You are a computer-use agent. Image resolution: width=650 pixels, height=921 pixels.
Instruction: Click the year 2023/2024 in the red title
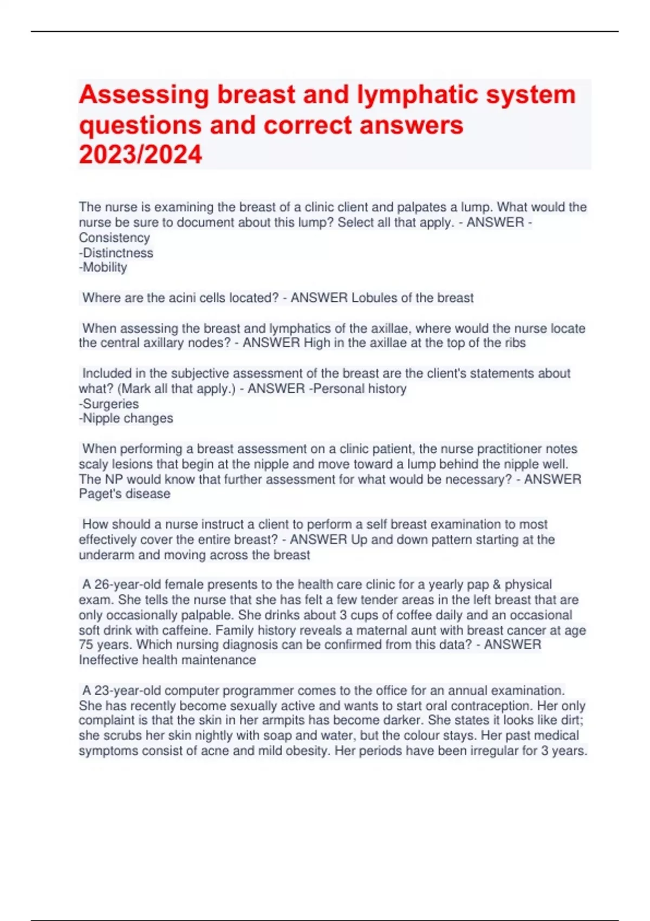tap(140, 154)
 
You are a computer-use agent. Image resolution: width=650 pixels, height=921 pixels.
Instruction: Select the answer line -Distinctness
tap(116, 253)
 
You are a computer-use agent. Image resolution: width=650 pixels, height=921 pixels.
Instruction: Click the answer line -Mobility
tap(103, 268)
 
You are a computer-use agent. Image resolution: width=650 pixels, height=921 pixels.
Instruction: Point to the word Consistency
tap(114, 238)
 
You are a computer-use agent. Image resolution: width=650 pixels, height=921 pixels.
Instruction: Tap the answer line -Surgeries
tap(109, 404)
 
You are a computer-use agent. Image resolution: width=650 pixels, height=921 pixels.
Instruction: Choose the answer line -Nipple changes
tap(126, 419)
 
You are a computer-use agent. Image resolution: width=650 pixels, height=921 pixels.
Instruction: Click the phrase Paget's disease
tap(125, 494)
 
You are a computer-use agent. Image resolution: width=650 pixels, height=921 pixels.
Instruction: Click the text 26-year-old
tap(128, 585)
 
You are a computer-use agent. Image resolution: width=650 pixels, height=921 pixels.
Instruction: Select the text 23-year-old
tap(128, 691)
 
